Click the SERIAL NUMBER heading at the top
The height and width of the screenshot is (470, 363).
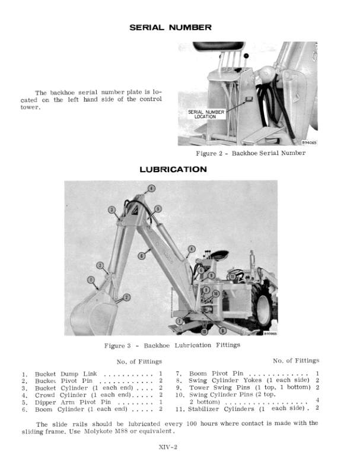click(170, 27)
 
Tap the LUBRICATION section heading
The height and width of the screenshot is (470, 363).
click(173, 170)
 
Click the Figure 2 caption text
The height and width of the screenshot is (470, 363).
click(251, 153)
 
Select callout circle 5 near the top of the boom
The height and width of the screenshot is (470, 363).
click(158, 208)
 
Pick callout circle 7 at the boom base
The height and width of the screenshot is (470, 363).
click(179, 320)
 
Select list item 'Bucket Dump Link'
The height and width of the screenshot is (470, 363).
click(66, 374)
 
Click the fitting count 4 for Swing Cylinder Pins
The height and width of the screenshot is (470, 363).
click(317, 401)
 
